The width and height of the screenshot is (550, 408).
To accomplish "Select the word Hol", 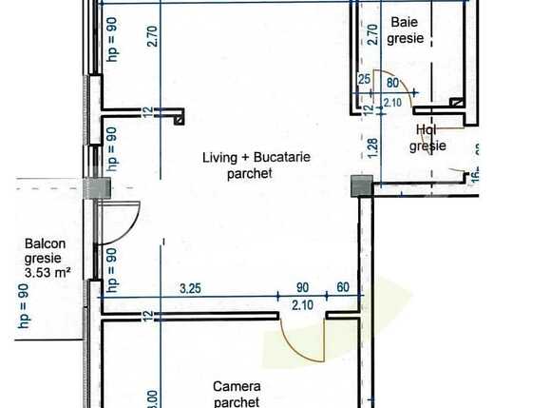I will click(426, 130).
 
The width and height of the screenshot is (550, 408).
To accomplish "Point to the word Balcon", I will click(44, 243).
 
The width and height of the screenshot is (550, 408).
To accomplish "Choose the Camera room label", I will click(237, 387).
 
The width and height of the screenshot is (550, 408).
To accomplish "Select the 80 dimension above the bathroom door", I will click(393, 82).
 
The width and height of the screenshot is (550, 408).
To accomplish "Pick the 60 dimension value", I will click(343, 286).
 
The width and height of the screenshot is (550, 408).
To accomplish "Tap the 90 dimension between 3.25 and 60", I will click(302, 286).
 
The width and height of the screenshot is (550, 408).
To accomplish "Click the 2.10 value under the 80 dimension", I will click(392, 101).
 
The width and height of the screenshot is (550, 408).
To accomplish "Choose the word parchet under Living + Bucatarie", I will click(250, 174).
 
